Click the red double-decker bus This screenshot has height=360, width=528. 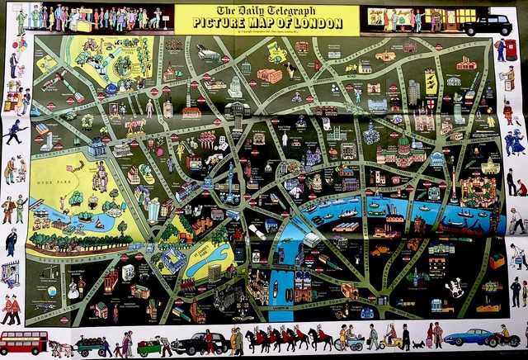pos(23,341)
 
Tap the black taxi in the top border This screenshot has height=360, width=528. pos(486,25)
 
